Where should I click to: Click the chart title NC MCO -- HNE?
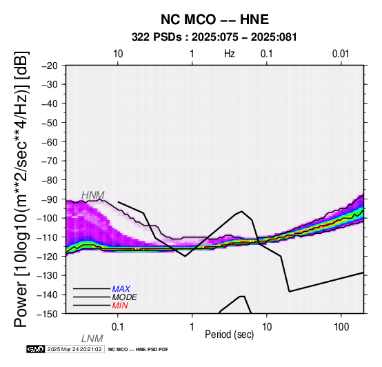(214, 19)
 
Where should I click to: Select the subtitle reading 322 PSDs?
(157, 37)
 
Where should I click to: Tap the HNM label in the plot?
(93, 195)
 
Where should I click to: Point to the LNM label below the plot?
(92, 339)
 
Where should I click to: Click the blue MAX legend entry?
(121, 289)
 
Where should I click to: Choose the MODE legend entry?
(125, 297)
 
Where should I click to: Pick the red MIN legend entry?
(120, 306)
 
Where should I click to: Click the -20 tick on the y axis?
(50, 66)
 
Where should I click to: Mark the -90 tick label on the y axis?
(50, 199)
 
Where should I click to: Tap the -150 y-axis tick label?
(48, 314)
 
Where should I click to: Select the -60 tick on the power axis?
(50, 142)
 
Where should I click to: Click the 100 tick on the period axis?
(341, 327)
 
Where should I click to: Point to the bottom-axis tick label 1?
(192, 327)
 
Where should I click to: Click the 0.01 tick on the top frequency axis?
(341, 54)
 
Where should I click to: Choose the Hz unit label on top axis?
(230, 54)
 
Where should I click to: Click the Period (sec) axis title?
(229, 335)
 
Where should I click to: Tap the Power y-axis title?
(21, 189)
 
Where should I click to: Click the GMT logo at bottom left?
(36, 349)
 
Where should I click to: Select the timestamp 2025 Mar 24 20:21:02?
(74, 349)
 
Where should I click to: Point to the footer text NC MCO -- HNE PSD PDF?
(138, 350)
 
